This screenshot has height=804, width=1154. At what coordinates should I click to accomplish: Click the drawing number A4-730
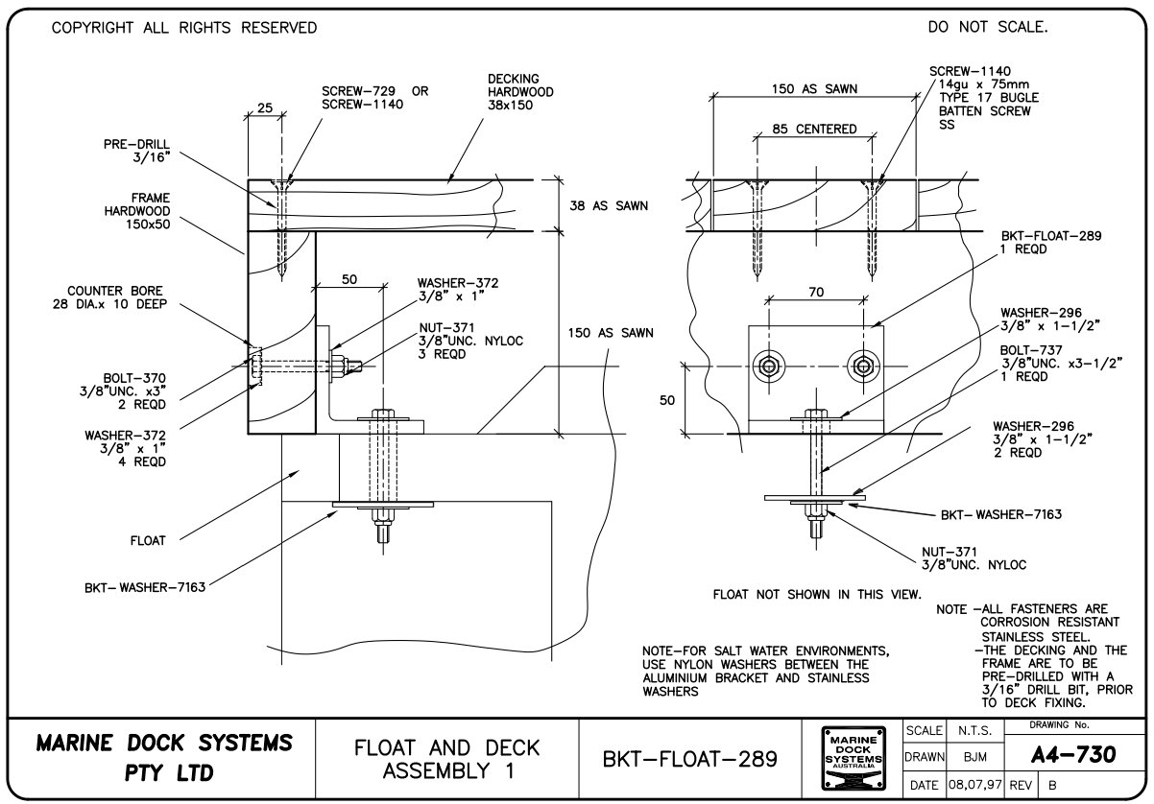coord(1072,755)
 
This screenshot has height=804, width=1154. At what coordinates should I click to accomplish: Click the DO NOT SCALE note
coord(988,28)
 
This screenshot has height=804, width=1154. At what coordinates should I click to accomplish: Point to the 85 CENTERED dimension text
coord(814,129)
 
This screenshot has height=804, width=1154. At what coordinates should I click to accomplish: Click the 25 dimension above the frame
coord(265,108)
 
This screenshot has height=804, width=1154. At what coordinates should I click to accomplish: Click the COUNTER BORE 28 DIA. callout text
coord(114,297)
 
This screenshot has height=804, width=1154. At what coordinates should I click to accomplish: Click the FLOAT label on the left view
coord(148,541)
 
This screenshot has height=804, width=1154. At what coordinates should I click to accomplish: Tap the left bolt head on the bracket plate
coord(768,365)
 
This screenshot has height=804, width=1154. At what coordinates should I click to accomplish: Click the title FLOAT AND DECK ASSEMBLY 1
coord(447,758)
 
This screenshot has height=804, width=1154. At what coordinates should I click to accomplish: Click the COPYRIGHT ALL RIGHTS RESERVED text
coord(183,28)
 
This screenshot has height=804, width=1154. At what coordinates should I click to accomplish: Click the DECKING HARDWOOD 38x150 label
coord(520,92)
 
